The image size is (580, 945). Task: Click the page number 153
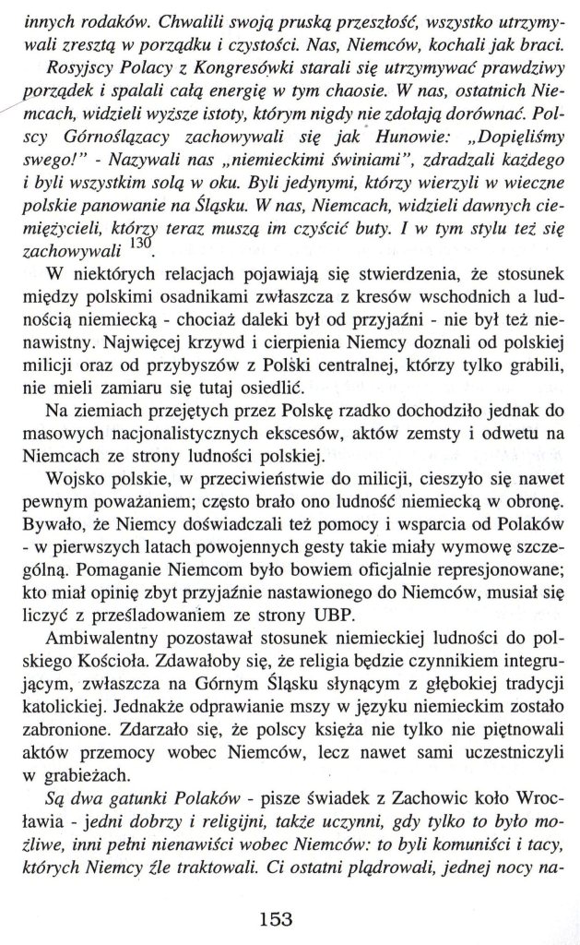pyautogui.click(x=275, y=893)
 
